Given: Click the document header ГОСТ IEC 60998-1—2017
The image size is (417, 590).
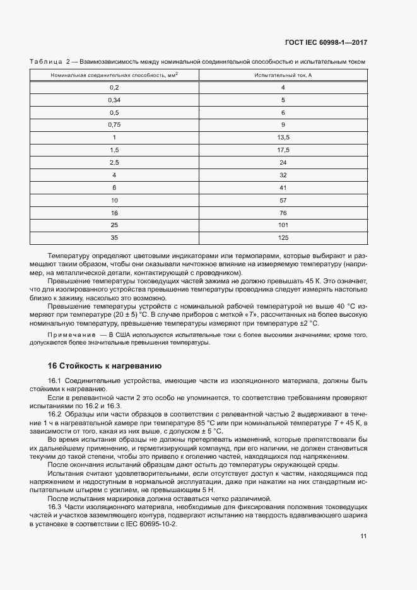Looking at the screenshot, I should click(326, 43).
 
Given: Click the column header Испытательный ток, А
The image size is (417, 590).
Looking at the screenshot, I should click(283, 75).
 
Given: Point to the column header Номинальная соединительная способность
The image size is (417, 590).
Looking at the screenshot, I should click(114, 75).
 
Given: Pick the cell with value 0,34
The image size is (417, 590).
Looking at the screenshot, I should click(114, 100).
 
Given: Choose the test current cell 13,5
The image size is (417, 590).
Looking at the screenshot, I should click(283, 138).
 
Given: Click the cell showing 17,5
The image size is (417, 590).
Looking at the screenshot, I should click(283, 150).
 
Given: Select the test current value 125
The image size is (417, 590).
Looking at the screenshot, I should click(283, 238).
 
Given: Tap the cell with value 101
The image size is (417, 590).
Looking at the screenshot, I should click(283, 225).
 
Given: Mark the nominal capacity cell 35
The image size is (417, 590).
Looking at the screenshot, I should click(114, 238).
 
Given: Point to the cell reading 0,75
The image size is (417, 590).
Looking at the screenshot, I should click(114, 125).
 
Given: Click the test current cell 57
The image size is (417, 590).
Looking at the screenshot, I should click(283, 200).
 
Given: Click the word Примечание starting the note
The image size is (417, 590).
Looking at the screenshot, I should click(70, 333).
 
